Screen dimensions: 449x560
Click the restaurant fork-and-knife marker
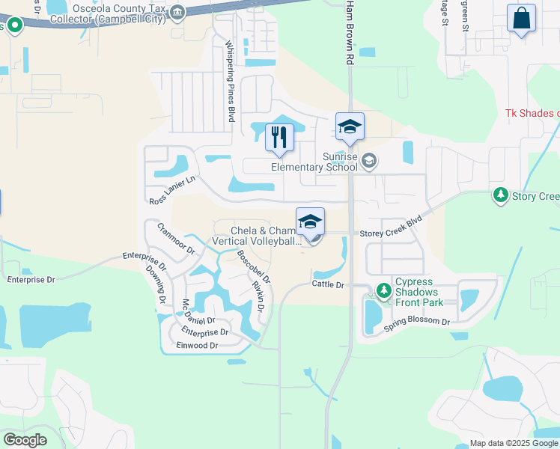point(279,137)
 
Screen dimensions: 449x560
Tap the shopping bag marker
point(521,18)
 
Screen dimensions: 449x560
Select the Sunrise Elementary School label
point(314,162)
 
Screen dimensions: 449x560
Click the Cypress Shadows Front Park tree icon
point(384,289)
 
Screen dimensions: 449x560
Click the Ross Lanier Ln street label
point(171,191)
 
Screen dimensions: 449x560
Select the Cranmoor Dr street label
point(175,239)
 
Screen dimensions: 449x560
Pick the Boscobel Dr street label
point(253,265)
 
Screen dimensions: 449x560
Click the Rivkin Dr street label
point(259,297)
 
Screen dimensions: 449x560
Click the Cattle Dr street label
point(328,285)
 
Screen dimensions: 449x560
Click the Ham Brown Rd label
point(350,34)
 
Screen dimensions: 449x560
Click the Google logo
point(25,439)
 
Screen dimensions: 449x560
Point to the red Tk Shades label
point(532,113)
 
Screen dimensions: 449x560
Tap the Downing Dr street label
point(155,284)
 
